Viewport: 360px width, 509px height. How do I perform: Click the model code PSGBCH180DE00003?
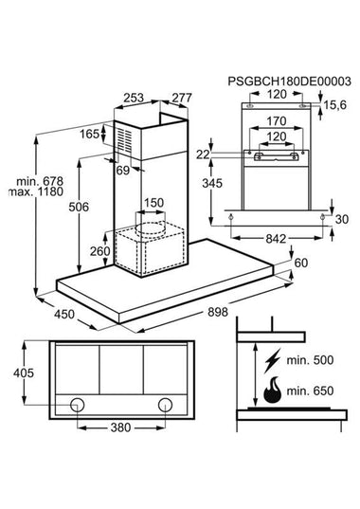(289, 82)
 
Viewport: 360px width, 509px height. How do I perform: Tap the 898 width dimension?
(218, 312)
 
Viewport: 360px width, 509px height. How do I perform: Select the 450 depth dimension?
(64, 315)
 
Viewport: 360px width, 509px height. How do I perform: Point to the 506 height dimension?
(79, 207)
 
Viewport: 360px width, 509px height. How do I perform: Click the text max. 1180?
(36, 191)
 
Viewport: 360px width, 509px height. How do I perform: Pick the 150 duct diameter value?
(153, 203)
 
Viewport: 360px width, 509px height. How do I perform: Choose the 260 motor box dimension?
(99, 251)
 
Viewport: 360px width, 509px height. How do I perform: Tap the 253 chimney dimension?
(134, 98)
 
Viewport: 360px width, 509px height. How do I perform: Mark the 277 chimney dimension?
(182, 98)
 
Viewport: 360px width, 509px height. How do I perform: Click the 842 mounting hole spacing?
(276, 239)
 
